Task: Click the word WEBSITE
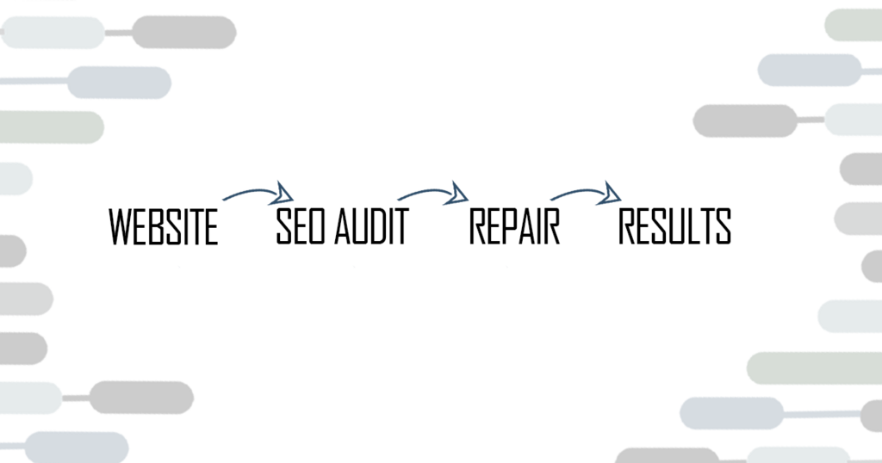pyautogui.click(x=163, y=227)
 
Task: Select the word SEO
pyautogui.click(x=298, y=226)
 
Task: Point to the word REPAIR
pyautogui.click(x=514, y=226)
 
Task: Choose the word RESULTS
pyautogui.click(x=674, y=225)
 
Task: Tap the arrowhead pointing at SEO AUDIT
pyautogui.click(x=283, y=194)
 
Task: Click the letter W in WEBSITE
pyautogui.click(x=119, y=227)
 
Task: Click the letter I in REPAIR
pyautogui.click(x=541, y=226)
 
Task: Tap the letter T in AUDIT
pyautogui.click(x=399, y=226)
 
